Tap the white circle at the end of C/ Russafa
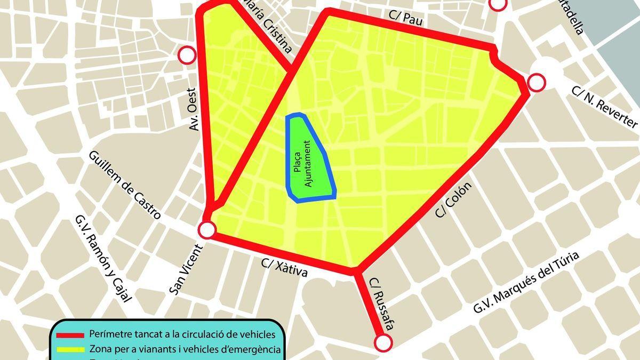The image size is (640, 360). pos(383,343)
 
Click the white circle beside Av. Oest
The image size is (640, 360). pos(187,55)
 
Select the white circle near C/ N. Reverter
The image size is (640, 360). pos(537,83)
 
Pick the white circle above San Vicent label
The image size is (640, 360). pos(207,230)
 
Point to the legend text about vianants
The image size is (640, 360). pos(185,350)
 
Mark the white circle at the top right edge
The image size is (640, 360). pos(498,3)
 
